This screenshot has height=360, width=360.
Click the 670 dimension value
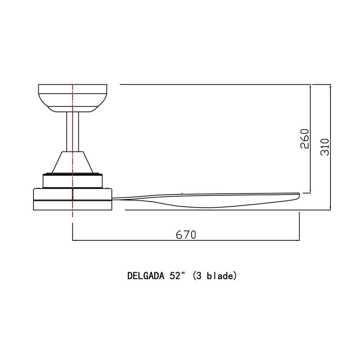coord(186,234)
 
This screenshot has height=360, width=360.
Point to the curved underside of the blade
coord(211,207)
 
